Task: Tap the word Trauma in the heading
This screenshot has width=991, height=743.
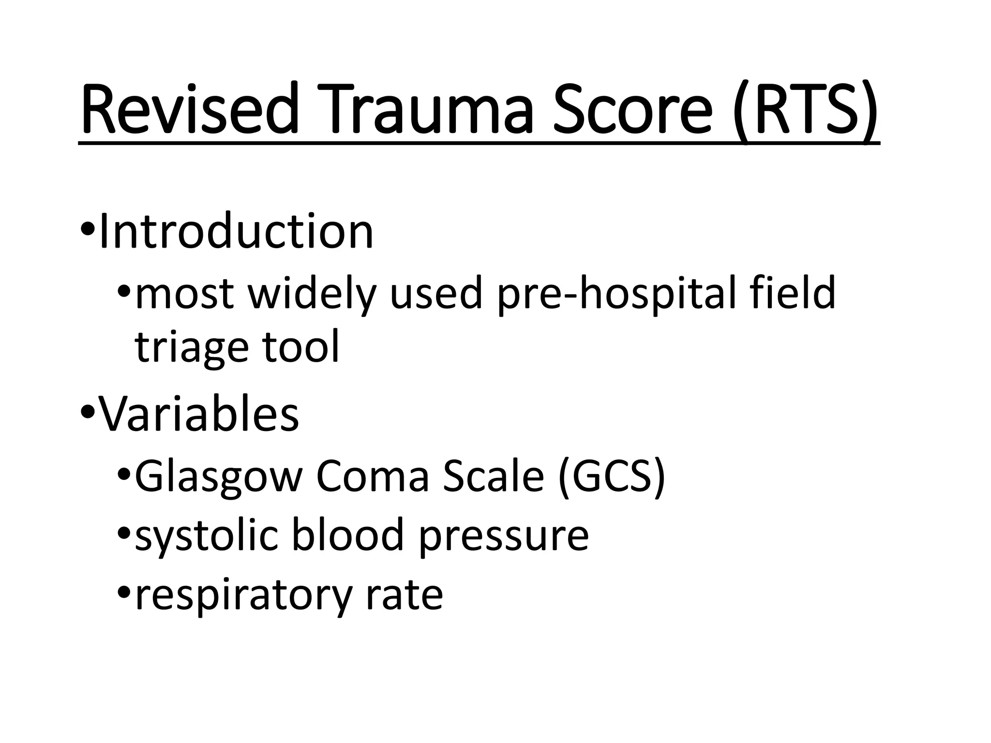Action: [x=426, y=109]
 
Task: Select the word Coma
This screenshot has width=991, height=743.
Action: [x=373, y=476]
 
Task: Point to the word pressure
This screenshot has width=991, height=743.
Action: [x=504, y=537]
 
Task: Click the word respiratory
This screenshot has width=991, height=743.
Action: [x=242, y=596]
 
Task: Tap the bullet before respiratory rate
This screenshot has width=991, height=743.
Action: [x=124, y=593]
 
